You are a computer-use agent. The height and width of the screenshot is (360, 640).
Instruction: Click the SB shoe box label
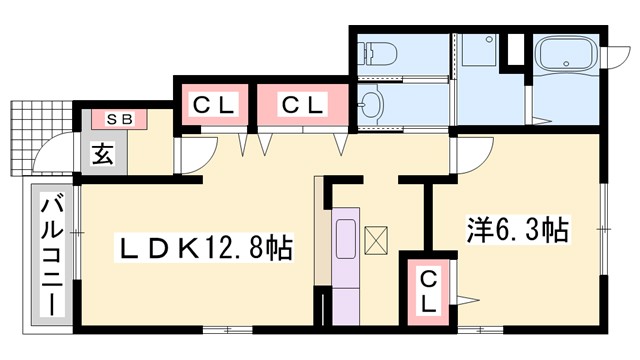(119, 119)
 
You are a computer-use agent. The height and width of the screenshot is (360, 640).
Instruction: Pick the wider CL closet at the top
(301, 102)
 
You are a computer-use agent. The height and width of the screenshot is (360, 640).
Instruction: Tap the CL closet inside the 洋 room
(427, 292)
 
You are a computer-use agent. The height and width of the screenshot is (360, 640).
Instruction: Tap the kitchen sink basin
(350, 240)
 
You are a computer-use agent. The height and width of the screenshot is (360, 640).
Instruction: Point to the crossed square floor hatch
(379, 241)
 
